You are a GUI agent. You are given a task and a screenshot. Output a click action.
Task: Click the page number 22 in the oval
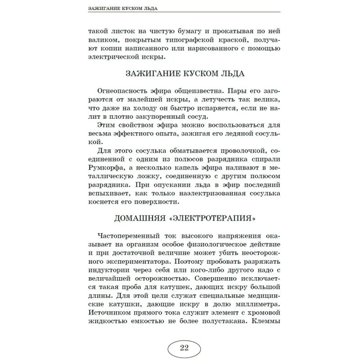coord(184,347)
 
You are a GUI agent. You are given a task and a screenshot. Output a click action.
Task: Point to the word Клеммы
coord(266,323)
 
